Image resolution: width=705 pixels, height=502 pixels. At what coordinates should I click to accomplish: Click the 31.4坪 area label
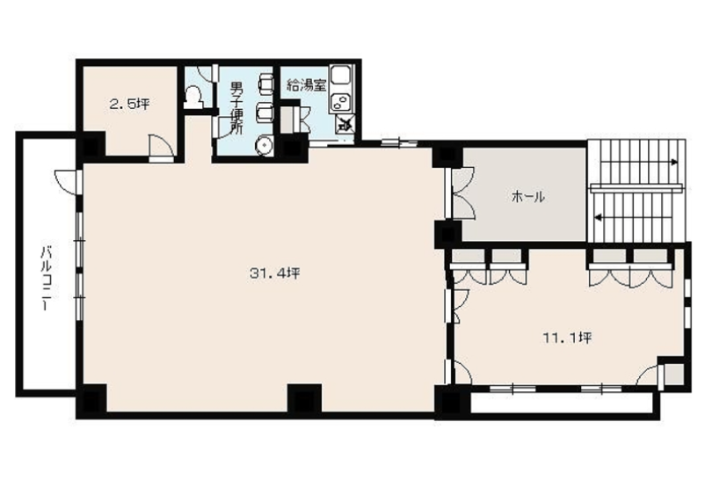coord(275,273)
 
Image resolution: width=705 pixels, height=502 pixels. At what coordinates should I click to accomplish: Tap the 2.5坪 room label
coord(129,105)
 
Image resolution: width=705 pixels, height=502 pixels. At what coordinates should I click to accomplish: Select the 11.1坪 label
coord(567,338)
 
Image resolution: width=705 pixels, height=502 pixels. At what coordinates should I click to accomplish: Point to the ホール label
coord(528,197)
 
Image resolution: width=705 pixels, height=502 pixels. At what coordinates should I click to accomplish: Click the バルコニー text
coord(46,279)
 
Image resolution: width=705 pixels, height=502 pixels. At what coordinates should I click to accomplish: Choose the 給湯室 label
coord(307,85)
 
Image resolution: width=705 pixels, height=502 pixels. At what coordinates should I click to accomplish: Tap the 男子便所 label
coord(236,107)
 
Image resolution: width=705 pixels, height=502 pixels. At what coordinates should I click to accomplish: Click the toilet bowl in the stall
coord(193,95)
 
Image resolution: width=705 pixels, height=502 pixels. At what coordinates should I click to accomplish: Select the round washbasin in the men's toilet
coord(264,146)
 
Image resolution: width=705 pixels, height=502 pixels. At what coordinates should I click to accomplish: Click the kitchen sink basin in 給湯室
coord(341,75)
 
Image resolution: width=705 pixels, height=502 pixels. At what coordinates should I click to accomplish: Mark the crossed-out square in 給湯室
coord(345,123)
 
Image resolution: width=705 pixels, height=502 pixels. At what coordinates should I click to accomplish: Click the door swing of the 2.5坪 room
coord(161,145)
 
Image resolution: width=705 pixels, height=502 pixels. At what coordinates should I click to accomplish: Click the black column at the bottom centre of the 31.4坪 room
coord(304,398)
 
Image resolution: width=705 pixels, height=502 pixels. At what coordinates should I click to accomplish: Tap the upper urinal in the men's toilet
coord(265,83)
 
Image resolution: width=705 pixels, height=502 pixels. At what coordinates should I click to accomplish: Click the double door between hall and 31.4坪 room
coord(461,193)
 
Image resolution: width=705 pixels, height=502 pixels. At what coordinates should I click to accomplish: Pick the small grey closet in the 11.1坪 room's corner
coord(673,374)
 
